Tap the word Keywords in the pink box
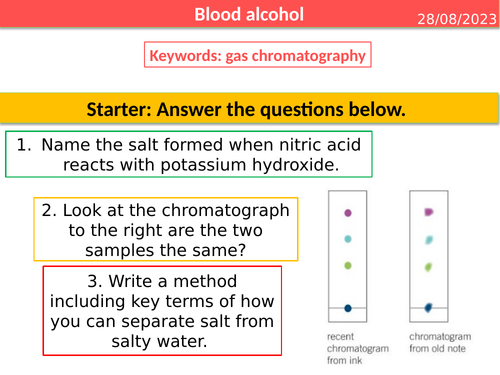pos(185,56)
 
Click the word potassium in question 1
pos(195,165)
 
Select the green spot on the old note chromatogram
pos(429,267)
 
